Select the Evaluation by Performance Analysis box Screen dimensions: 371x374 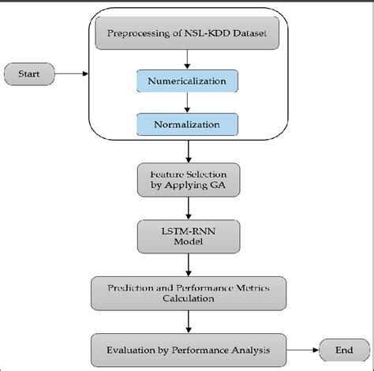[x=186, y=347]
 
